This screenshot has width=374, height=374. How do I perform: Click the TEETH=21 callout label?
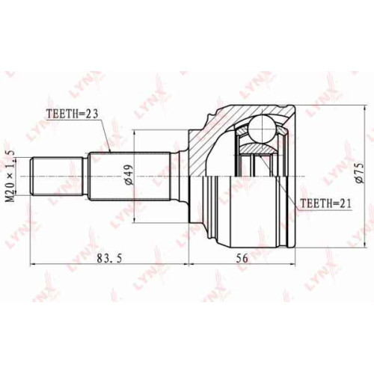[x=326, y=203]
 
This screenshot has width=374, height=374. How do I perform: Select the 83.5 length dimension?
[x=109, y=259]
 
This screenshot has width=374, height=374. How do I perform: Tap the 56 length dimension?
[x=242, y=259]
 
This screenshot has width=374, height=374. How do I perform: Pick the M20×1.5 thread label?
[x=10, y=177]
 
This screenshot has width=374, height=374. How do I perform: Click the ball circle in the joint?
[x=263, y=129]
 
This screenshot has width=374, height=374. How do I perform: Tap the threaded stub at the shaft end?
[x=57, y=177]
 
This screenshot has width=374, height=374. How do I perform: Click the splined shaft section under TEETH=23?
[x=130, y=177]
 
